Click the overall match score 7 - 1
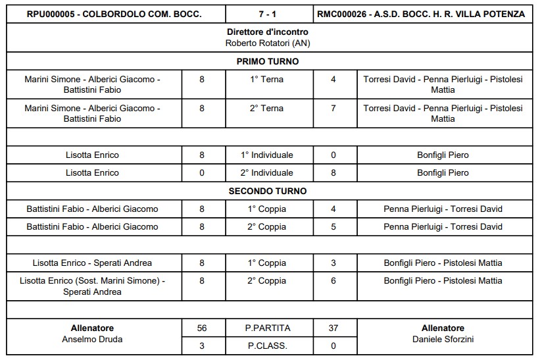point(267,14)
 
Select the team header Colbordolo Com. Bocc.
point(115,14)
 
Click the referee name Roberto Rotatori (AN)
point(267,43)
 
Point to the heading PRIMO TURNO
point(267,61)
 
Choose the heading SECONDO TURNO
point(267,191)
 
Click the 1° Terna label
point(267,79)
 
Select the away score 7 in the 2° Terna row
point(333,108)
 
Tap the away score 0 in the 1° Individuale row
point(333,155)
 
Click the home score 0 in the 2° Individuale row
point(202,172)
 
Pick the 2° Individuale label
point(267,172)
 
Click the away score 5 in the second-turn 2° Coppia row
point(333,226)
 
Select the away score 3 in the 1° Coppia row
point(333,263)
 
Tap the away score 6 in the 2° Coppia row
point(333,280)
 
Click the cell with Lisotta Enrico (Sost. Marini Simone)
point(93,286)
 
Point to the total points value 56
point(202,328)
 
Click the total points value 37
point(333,328)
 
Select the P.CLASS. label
point(267,346)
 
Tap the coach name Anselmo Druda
point(93,340)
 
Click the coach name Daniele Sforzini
point(443,340)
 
